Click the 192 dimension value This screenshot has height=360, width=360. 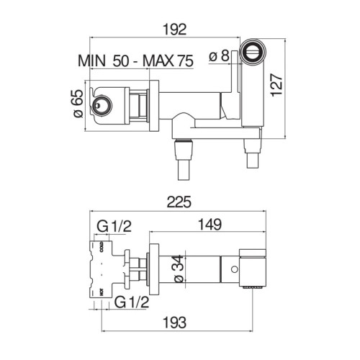[x=175, y=30]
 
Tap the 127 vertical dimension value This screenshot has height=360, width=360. [x=276, y=86]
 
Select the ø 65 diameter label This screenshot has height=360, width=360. [x=78, y=104]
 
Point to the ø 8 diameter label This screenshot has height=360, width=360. [x=219, y=56]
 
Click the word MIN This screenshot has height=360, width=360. [x=91, y=61]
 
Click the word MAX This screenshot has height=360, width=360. [x=158, y=61]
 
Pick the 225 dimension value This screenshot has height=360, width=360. [x=179, y=202]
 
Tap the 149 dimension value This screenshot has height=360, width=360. [x=210, y=225]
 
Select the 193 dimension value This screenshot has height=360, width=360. [x=174, y=323]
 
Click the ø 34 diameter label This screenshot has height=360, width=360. [x=179, y=269]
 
